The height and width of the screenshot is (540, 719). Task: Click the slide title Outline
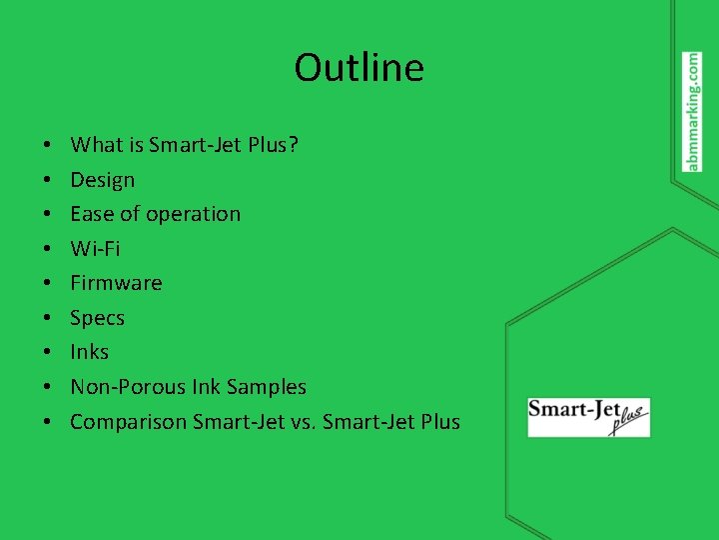(x=359, y=68)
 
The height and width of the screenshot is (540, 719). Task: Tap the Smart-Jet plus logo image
(x=588, y=416)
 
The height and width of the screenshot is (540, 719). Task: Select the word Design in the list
(x=102, y=180)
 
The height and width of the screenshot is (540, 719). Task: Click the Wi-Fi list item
(x=95, y=248)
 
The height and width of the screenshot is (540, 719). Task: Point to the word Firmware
(x=116, y=283)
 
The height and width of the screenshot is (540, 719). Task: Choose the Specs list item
(x=97, y=318)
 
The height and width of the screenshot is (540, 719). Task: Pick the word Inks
(x=89, y=352)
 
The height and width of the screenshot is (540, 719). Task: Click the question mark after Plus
(x=293, y=145)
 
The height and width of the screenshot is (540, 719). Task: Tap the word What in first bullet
(x=96, y=145)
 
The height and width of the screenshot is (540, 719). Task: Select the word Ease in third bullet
(x=91, y=214)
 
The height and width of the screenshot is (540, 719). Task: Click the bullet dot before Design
(x=48, y=181)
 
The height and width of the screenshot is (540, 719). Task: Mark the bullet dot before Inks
(x=48, y=353)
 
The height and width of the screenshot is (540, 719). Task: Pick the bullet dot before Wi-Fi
(x=48, y=249)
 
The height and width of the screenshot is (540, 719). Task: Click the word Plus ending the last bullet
(x=439, y=422)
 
